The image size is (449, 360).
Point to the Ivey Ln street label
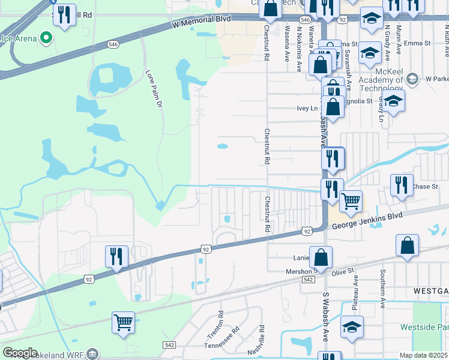point(307,109)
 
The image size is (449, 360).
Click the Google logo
point(20,353)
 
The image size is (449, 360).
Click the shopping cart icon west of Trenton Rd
point(123,322)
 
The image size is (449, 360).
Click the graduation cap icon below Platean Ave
point(352,326)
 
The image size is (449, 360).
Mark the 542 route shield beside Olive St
point(309,280)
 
